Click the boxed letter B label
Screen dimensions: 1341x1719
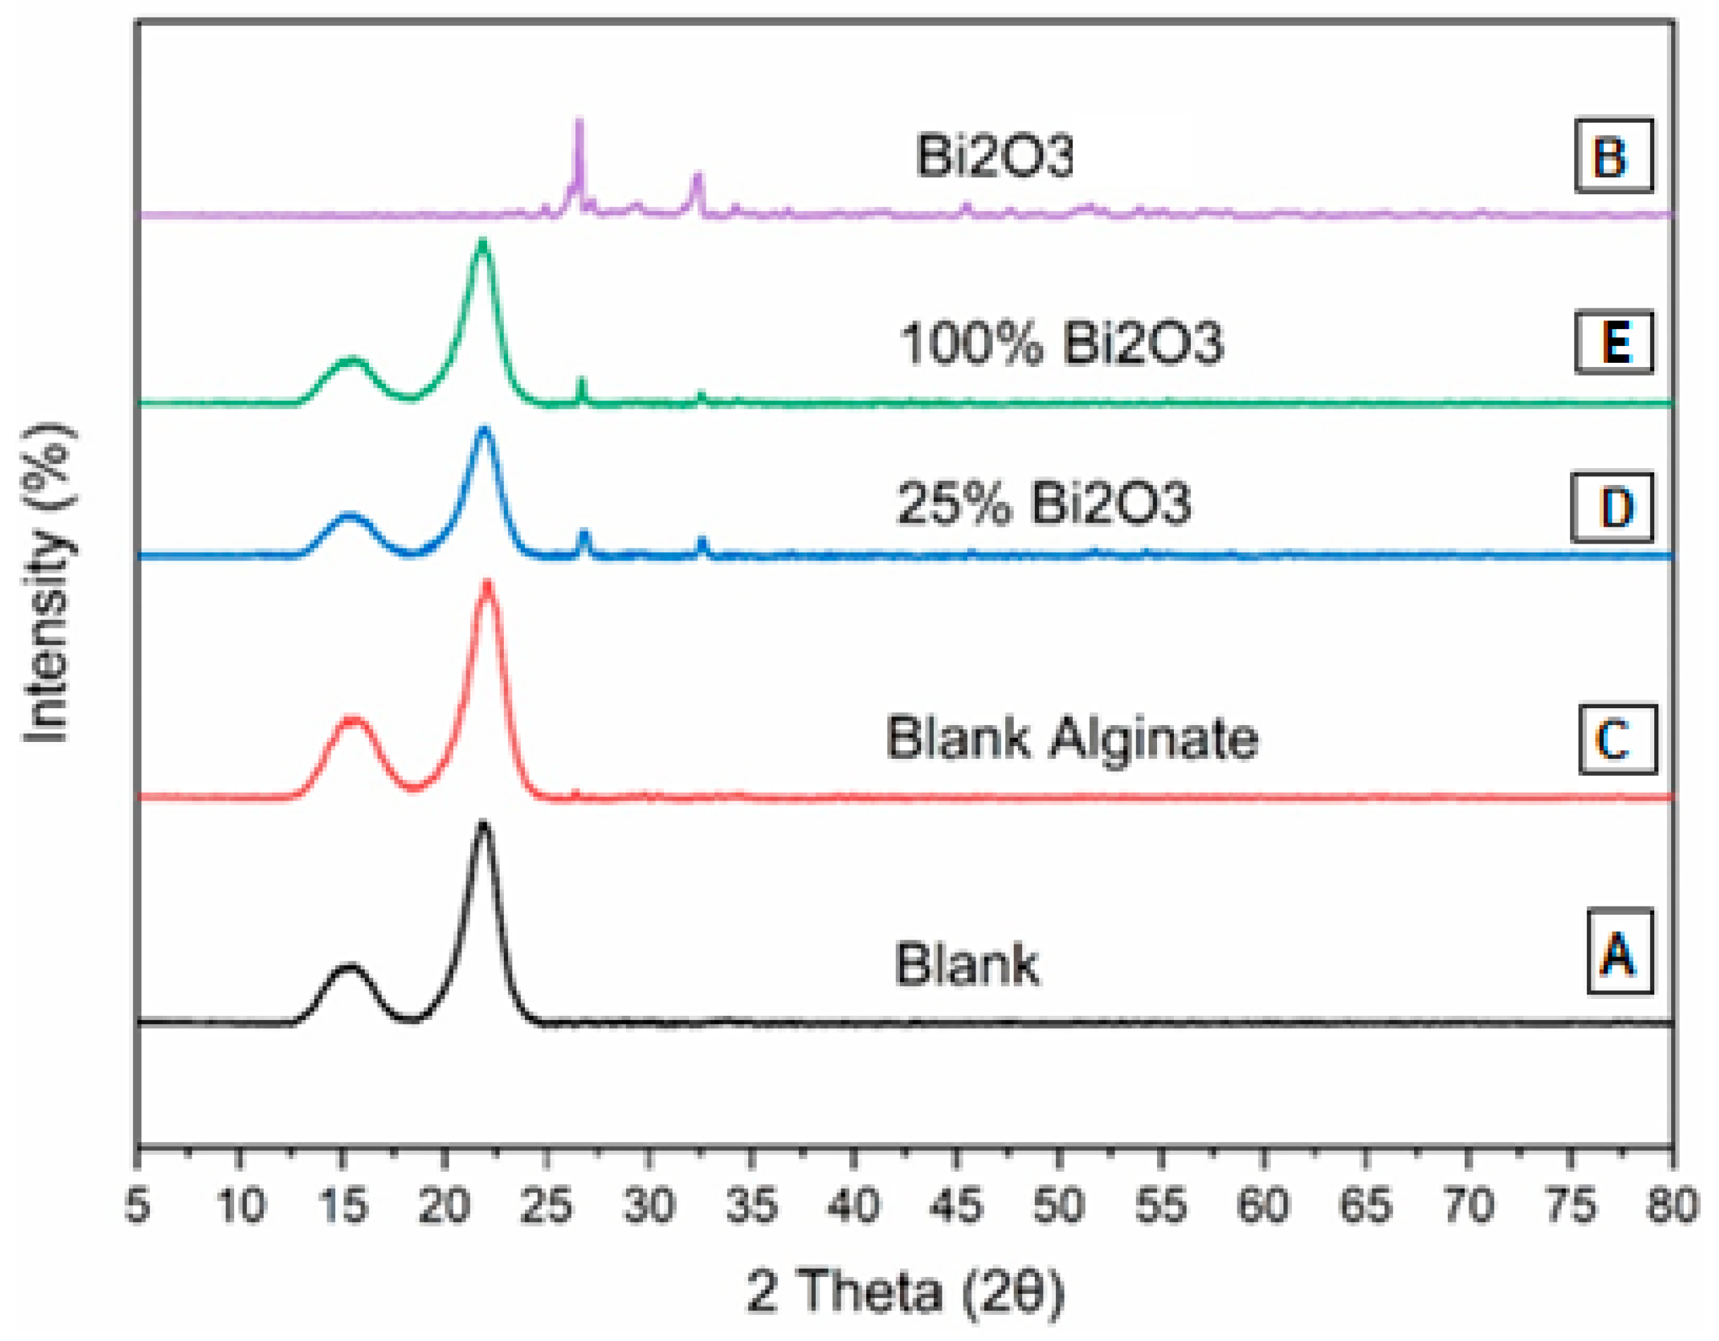tap(1612, 156)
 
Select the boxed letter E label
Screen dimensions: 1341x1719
tap(1612, 343)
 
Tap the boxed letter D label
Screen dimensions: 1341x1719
tap(1610, 507)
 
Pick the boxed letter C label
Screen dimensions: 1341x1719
tap(1616, 739)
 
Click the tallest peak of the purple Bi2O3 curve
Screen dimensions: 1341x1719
tap(580, 122)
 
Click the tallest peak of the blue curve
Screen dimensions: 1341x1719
tap(484, 430)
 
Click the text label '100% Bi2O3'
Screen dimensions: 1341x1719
tap(1061, 344)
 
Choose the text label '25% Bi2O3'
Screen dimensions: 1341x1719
tap(1044, 504)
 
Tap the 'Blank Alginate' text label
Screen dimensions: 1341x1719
tap(1072, 738)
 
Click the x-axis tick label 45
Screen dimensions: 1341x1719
tap(957, 1205)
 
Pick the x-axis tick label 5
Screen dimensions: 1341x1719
tap(138, 1205)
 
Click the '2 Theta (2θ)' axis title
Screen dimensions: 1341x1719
tap(905, 1292)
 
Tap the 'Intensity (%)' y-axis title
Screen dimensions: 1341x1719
tap(47, 582)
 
